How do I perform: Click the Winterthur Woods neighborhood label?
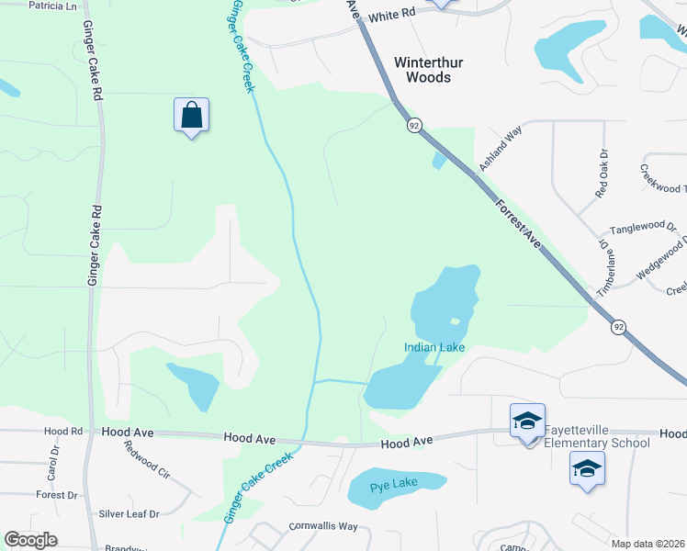(422, 71)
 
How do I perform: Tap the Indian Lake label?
(434, 347)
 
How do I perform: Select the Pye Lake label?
(394, 483)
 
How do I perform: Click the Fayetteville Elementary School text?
(597, 437)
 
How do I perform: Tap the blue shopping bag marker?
(191, 117)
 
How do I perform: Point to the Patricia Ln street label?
(52, 6)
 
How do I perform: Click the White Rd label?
(394, 17)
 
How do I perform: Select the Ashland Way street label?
(501, 149)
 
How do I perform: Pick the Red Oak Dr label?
(602, 174)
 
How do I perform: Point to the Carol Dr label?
(52, 465)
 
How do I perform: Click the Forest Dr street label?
(57, 495)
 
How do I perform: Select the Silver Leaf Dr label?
(129, 514)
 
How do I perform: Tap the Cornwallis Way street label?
(322, 526)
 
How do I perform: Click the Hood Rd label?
(63, 431)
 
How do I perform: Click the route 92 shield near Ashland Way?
(414, 125)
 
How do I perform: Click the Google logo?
(30, 540)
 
